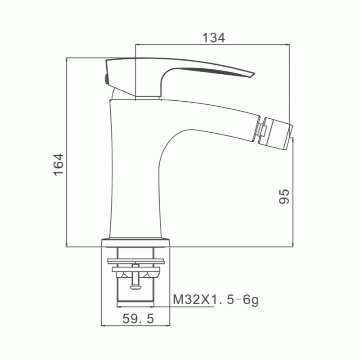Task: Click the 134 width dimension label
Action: click(x=213, y=38)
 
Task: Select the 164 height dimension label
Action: click(x=58, y=164)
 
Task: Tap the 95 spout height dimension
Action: click(x=284, y=196)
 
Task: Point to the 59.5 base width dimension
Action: click(x=138, y=319)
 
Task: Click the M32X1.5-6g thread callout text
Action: click(x=216, y=300)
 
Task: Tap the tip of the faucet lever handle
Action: click(x=254, y=74)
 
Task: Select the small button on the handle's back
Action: click(x=106, y=79)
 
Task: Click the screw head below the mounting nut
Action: click(x=135, y=287)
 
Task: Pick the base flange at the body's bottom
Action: click(x=135, y=243)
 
